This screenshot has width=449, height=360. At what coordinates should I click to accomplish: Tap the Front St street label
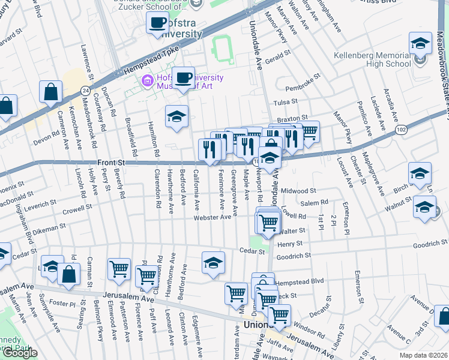coord(112,162)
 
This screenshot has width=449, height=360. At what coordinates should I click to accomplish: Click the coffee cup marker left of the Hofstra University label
coord(158,23)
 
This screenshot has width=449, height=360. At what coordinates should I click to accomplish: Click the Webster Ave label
coord(212,218)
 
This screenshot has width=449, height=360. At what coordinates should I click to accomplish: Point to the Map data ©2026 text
coord(424,355)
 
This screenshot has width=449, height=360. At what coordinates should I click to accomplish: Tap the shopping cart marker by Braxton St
coord(309,131)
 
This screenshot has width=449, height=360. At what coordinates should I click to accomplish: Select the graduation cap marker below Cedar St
coord(212,263)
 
